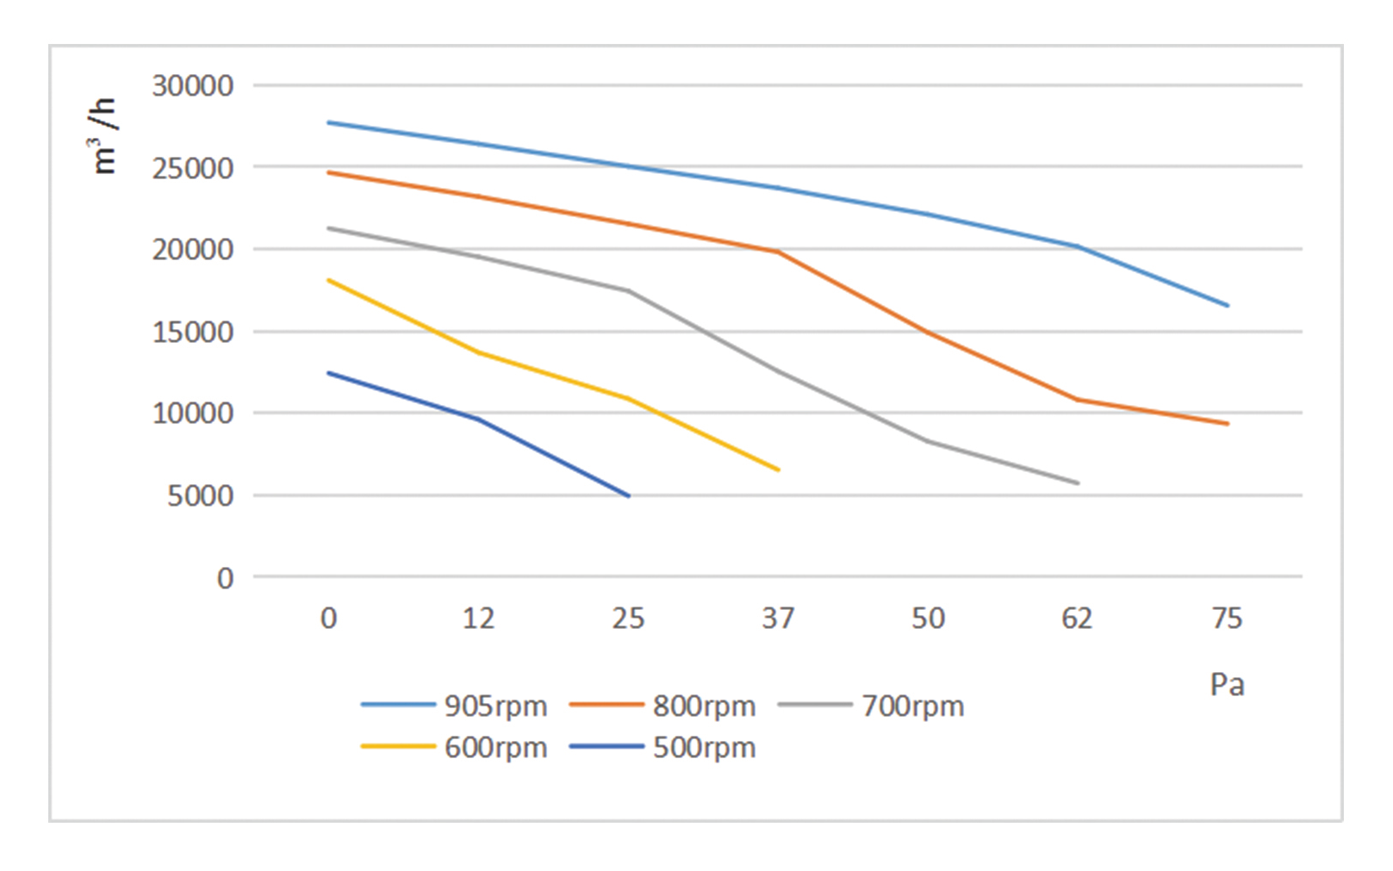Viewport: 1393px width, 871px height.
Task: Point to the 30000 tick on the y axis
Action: pyautogui.click(x=192, y=86)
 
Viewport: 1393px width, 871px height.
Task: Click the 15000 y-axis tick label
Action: pyautogui.click(x=192, y=332)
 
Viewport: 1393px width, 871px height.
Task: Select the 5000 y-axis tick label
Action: pyautogui.click(x=200, y=495)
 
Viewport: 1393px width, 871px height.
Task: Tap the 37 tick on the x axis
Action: pyautogui.click(x=778, y=619)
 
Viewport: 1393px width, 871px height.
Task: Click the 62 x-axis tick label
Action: pyautogui.click(x=1077, y=619)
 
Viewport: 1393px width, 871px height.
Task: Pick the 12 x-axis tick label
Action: pyautogui.click(x=478, y=619)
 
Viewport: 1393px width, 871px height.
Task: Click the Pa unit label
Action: pyautogui.click(x=1227, y=685)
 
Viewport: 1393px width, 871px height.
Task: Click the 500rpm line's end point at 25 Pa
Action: pyautogui.click(x=629, y=496)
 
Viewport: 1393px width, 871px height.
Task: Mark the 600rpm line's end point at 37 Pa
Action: pyautogui.click(x=779, y=470)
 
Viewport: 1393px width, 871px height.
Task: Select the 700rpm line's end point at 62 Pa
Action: pyautogui.click(x=1078, y=483)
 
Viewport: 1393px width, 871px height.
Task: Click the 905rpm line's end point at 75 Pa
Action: pyautogui.click(x=1228, y=306)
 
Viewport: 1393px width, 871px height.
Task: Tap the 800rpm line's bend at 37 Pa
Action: pyautogui.click(x=778, y=252)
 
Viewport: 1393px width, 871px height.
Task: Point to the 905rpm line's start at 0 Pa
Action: pyautogui.click(x=329, y=122)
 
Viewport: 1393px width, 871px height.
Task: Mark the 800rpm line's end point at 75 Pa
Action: pyautogui.click(x=1228, y=424)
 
